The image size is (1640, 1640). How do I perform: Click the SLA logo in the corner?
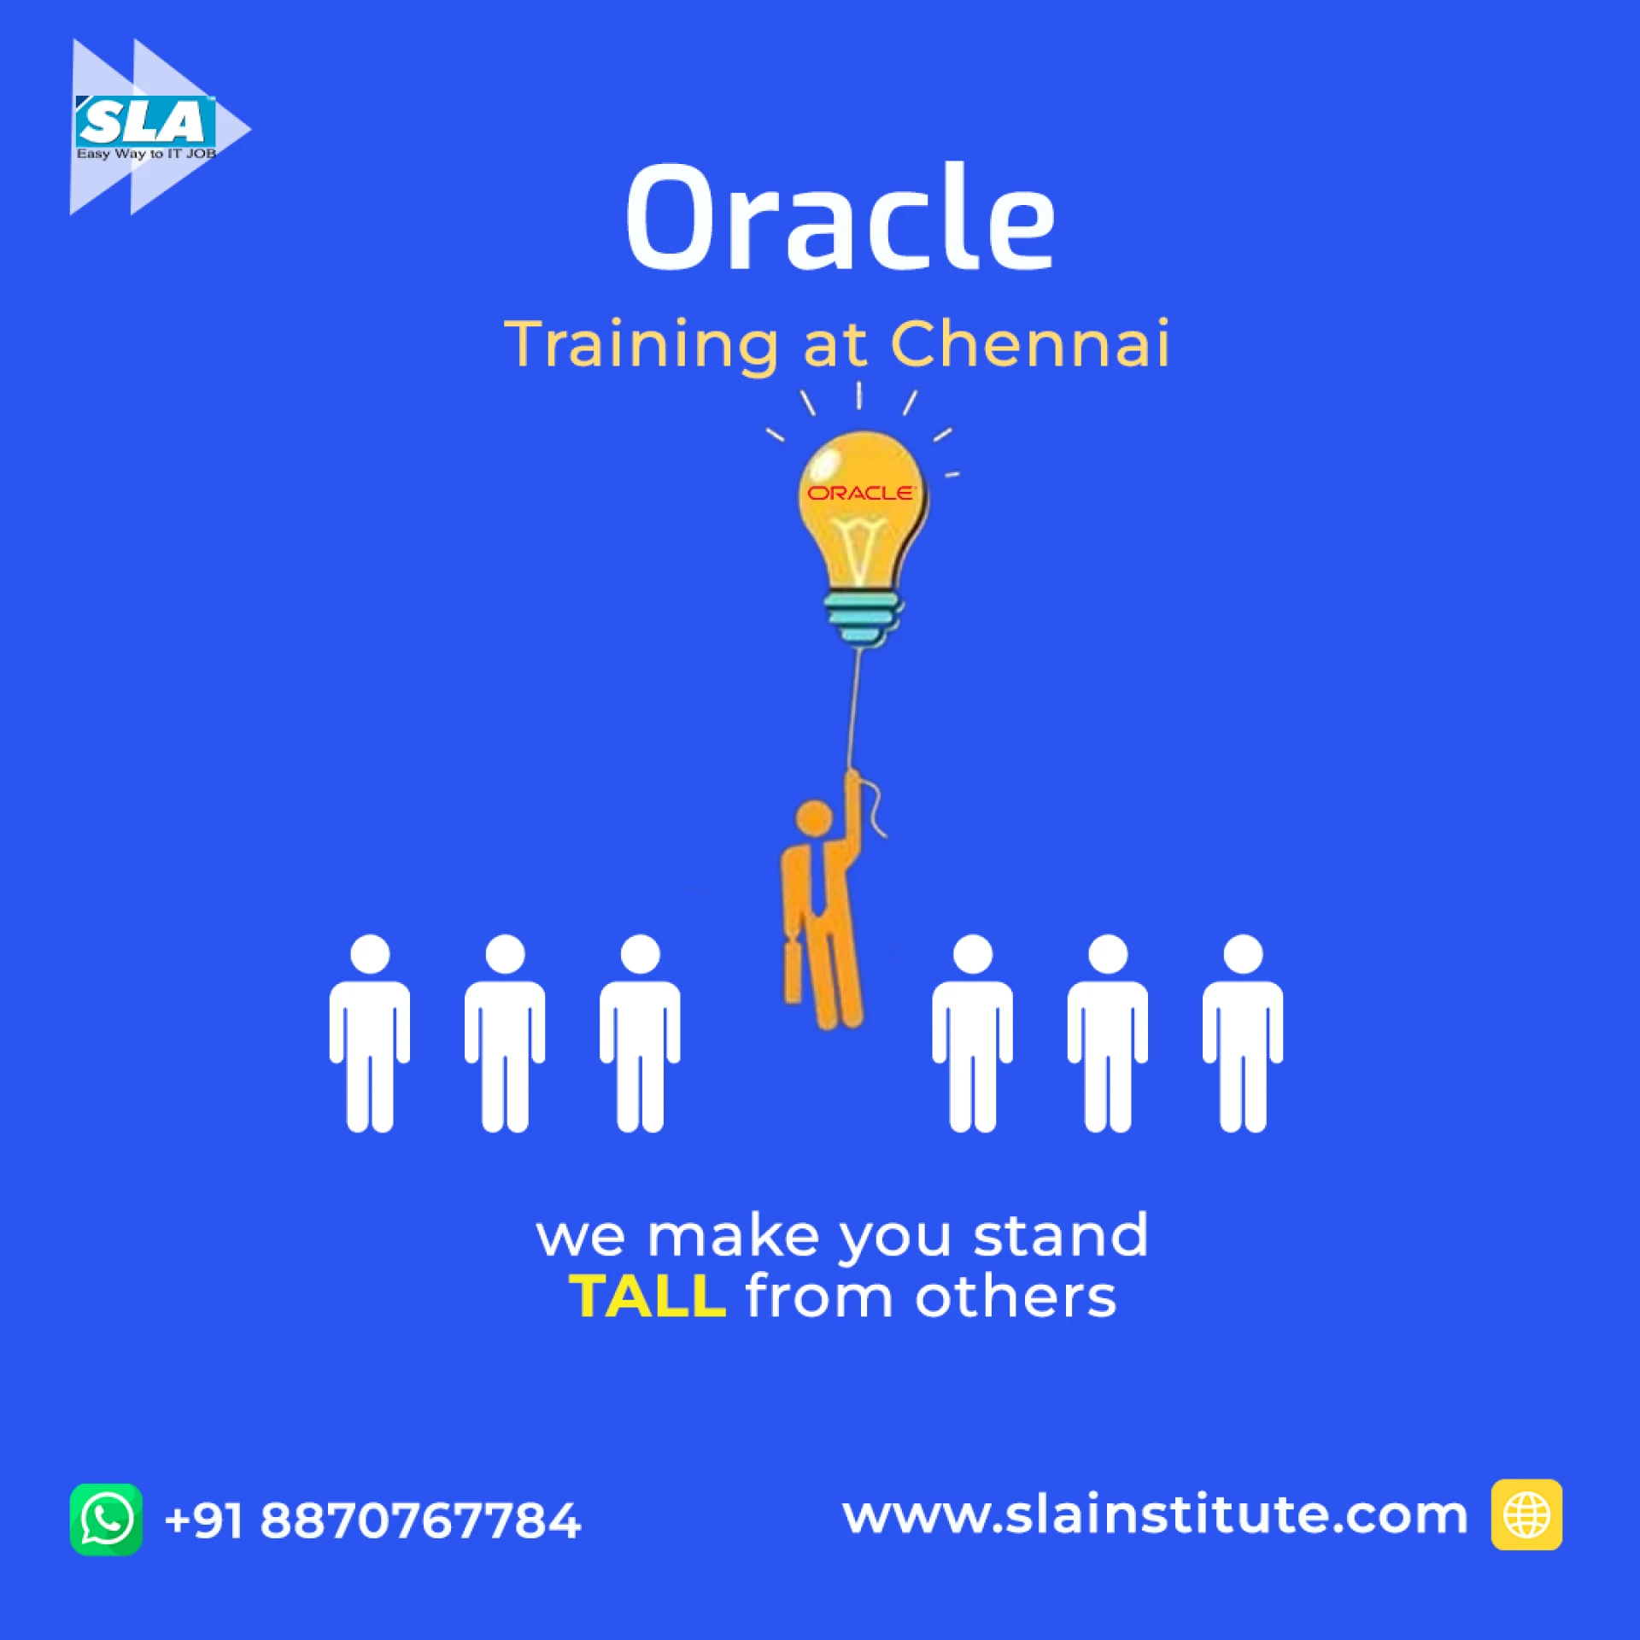(160, 127)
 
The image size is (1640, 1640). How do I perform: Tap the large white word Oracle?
(840, 218)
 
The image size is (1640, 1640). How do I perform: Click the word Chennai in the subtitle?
(1029, 343)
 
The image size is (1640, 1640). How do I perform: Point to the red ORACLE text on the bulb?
(860, 493)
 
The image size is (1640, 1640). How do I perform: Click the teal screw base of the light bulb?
(863, 617)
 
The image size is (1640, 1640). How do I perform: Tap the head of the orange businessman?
(814, 817)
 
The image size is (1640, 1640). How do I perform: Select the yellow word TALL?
(647, 1297)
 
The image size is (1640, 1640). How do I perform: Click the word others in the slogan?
(1016, 1296)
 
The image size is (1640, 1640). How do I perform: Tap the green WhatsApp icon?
(106, 1520)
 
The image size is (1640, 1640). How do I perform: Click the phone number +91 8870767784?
(372, 1521)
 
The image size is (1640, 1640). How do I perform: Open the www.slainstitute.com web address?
(1155, 1515)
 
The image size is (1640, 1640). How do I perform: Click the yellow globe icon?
(1526, 1514)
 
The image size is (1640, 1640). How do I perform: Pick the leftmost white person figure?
(370, 1034)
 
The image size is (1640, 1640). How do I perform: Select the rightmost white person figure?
(1243, 1034)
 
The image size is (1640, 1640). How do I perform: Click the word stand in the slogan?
(1061, 1235)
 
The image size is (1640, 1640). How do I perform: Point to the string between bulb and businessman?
(854, 709)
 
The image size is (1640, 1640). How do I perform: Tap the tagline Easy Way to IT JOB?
(146, 154)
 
